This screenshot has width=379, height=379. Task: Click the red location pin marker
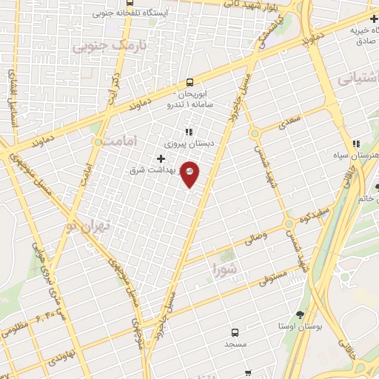tap(190, 173)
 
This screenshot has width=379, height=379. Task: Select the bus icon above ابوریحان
tap(190, 82)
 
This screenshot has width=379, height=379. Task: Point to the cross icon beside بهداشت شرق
tap(161, 158)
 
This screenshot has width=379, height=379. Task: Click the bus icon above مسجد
tap(235, 332)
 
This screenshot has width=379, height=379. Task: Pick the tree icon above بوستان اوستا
tap(299, 315)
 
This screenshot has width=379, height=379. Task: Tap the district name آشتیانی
tap(358, 77)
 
